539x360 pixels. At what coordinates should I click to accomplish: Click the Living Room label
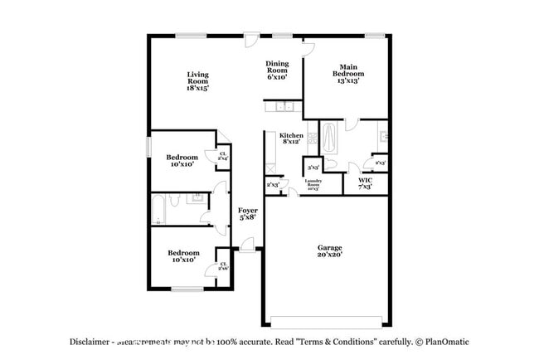(197, 80)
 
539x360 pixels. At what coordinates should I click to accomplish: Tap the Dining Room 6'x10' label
(277, 71)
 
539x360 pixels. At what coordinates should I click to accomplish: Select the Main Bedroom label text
(347, 74)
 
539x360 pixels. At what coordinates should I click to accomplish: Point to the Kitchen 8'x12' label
(291, 139)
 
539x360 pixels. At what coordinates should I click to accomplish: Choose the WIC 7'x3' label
(365, 182)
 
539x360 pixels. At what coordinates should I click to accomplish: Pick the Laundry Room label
(313, 183)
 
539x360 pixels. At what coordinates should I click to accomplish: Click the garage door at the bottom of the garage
(329, 322)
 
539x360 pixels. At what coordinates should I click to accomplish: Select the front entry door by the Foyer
(247, 244)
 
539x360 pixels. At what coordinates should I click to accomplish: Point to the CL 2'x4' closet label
(222, 155)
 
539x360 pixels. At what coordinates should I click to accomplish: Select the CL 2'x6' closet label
(222, 266)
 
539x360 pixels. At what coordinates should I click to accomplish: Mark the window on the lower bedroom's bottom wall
(183, 288)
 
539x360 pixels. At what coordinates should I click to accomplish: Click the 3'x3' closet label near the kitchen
(313, 165)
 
